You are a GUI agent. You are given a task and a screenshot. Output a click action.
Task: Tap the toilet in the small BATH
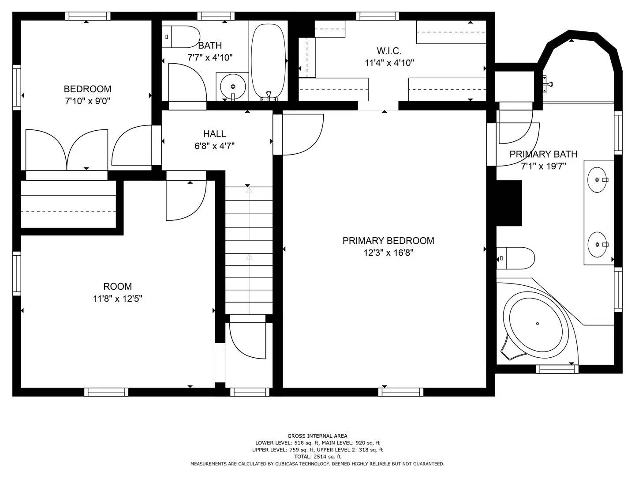[181, 37]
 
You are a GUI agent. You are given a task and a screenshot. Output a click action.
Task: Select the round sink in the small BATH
[233, 86]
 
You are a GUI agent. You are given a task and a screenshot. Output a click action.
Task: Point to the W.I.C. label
[389, 51]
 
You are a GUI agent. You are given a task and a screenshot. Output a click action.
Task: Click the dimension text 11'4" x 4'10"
[389, 63]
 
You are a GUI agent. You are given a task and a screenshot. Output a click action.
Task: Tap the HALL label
[214, 134]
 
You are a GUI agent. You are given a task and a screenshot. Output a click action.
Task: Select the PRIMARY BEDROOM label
[388, 241]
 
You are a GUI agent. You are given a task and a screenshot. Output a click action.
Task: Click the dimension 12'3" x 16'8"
[388, 253]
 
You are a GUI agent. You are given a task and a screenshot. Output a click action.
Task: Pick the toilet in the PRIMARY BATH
[515, 258]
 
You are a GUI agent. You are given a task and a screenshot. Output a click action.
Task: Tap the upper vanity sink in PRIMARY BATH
[598, 180]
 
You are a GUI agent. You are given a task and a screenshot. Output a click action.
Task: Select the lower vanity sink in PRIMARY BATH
[598, 245]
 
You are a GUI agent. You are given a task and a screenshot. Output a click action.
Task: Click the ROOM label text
[117, 287]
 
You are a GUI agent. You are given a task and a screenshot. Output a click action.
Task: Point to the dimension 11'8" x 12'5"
[117, 299]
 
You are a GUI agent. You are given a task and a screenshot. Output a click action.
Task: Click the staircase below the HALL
[249, 250]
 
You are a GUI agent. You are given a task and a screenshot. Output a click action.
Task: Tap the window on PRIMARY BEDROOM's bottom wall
[401, 392]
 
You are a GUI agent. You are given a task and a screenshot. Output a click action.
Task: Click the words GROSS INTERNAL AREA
[317, 436]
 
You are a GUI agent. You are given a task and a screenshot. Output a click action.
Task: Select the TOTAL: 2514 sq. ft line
[317, 457]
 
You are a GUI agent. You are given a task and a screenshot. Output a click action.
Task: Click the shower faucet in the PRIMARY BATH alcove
[547, 84]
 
